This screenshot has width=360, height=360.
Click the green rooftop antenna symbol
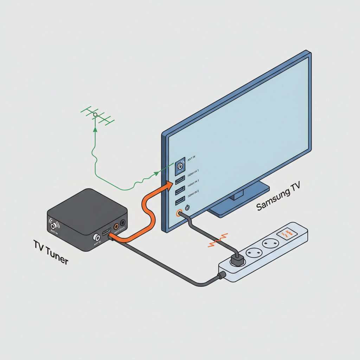[x=97, y=115]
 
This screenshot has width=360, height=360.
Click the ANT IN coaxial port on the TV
[x=180, y=166]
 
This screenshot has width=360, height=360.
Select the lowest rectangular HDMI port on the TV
[x=180, y=201]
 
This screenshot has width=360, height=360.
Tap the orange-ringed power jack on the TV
[x=179, y=213]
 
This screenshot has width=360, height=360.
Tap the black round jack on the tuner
[x=123, y=223]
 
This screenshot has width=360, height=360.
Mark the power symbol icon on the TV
[x=187, y=207]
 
